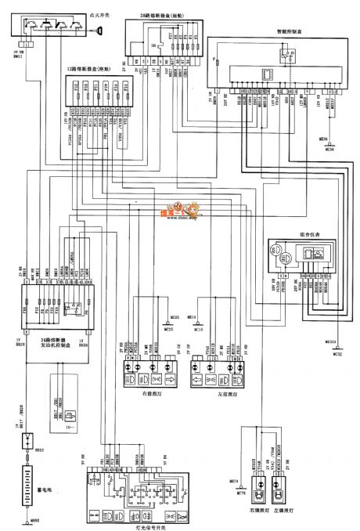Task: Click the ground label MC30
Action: click(x=197, y=330)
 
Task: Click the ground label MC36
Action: click(x=328, y=149)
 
